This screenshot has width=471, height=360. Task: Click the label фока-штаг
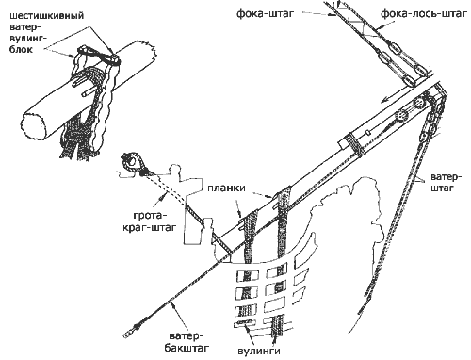pos(266,14)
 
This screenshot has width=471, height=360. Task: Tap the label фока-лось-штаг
pos(423,14)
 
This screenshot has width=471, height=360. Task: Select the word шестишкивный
pos(47,16)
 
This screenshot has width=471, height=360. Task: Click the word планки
pos(226,188)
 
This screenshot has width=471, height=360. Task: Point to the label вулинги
pos(259,351)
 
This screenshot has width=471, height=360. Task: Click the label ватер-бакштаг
pos(185,342)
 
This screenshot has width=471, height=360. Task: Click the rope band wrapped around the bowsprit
pos(355,143)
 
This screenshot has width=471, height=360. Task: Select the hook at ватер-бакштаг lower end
pos(128,333)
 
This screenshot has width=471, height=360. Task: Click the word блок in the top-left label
pos(21,49)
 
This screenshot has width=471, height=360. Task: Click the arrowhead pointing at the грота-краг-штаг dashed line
pos(162,198)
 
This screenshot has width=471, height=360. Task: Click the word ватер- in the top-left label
pos(24,27)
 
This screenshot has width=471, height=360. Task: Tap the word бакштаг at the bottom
pos(186,348)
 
